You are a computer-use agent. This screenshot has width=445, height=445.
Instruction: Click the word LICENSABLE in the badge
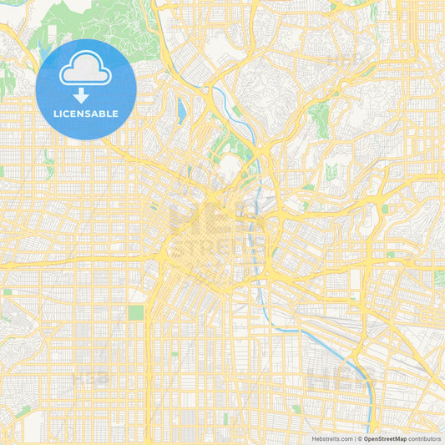click(86, 113)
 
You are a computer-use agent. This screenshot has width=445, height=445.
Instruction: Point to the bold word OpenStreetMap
click(385, 438)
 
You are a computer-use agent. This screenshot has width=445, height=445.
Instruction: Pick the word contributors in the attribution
click(423, 438)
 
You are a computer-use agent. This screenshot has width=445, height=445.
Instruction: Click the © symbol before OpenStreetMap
click(360, 438)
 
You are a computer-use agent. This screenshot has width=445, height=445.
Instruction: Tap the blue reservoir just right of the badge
click(181, 109)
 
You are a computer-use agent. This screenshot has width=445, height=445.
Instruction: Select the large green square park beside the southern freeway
click(135, 313)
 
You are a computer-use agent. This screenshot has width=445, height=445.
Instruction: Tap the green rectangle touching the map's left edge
click(3, 171)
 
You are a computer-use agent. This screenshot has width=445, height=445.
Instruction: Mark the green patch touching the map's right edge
click(439, 278)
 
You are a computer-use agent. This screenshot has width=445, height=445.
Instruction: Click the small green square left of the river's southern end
click(296, 409)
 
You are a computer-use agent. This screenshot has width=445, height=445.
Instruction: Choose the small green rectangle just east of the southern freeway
click(174, 353)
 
